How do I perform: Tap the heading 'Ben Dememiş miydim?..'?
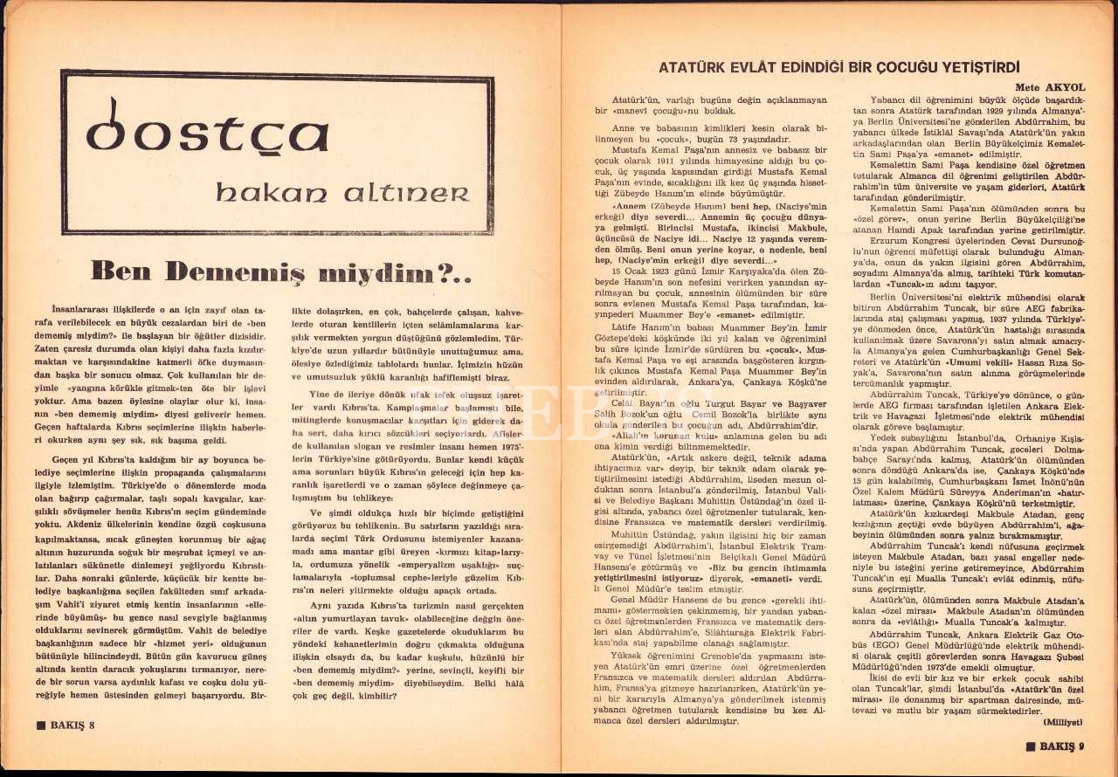(x=282, y=272)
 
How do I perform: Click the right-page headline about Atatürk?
(x=840, y=67)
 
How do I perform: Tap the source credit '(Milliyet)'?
(x=1061, y=723)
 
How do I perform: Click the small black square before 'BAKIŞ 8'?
(x=40, y=725)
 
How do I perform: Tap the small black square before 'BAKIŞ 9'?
(x=1031, y=746)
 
